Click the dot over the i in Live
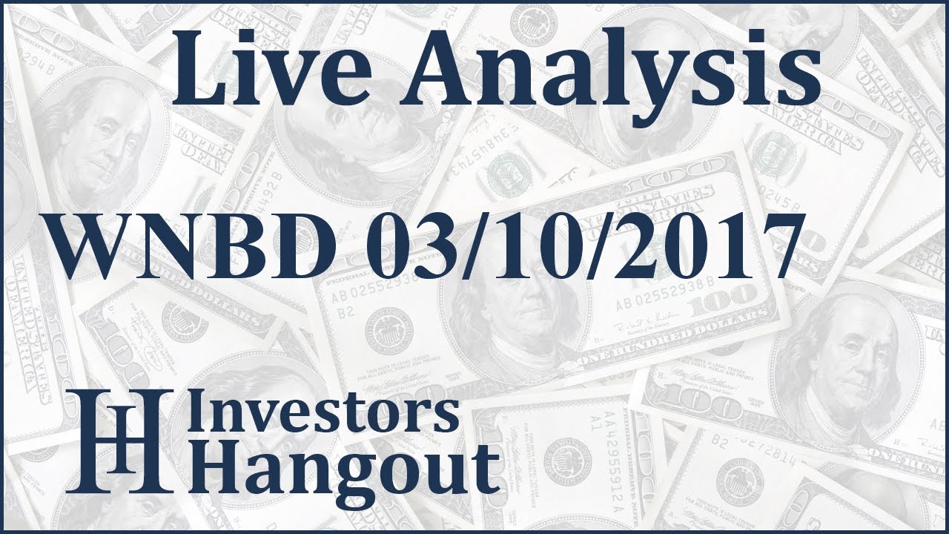point(256,37)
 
